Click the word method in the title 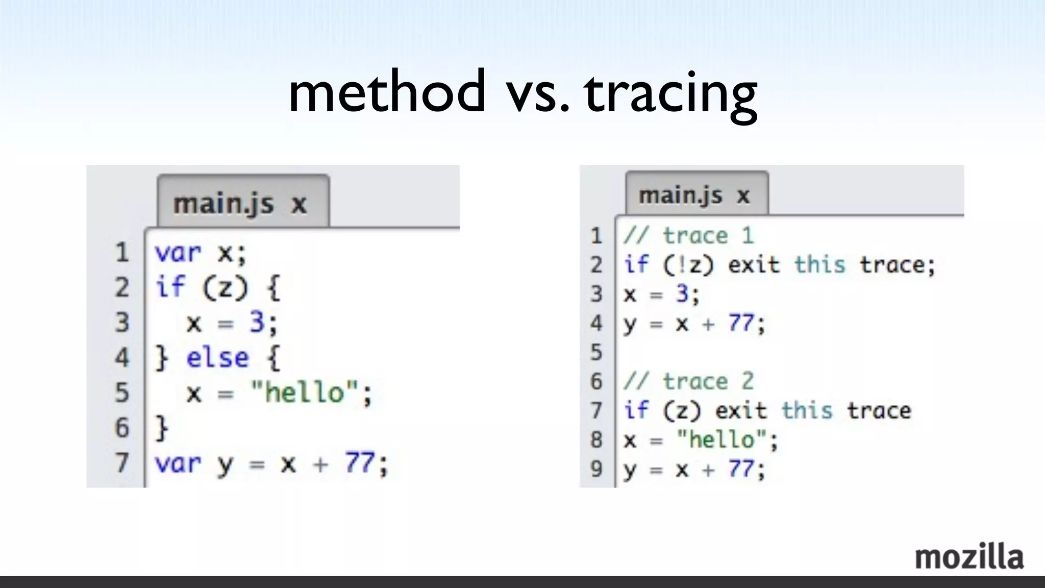pos(387,92)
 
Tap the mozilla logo pos(969,557)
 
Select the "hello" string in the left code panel pos(305,393)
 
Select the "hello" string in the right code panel pos(721,440)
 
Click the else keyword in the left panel pos(217,357)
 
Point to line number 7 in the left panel pos(122,463)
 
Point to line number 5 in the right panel pos(596,352)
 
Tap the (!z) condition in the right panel pos(688,265)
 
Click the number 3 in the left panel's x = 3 pos(257,323)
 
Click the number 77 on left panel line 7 pos(360,463)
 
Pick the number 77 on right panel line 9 pos(741,469)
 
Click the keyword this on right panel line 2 pos(819,265)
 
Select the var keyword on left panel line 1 pos(178,253)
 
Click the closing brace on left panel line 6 pos(162,428)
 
